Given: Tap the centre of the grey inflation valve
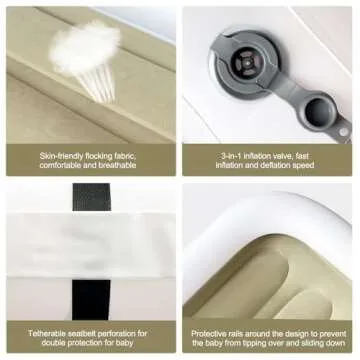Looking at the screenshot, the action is click(247, 64).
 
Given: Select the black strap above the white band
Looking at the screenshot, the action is click(92, 197).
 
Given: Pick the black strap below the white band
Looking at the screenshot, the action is click(91, 300).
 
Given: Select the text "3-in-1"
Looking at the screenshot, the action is click(231, 156).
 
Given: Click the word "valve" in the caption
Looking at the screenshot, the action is click(282, 156).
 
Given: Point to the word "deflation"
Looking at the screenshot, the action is click(276, 165).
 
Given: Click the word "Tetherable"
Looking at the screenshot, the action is click(45, 333).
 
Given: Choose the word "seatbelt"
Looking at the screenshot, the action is click(78, 333).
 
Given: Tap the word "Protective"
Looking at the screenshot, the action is click(208, 333).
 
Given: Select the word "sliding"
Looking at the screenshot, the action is click(315, 343).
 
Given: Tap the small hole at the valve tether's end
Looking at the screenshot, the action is click(343, 132).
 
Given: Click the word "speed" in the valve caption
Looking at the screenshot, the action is click(303, 165).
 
